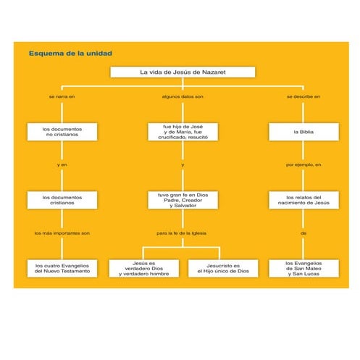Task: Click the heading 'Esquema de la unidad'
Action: [70, 53]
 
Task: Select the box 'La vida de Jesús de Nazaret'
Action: [183, 72]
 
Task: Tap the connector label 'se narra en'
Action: [62, 96]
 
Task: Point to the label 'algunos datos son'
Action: [183, 96]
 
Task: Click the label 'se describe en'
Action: [304, 96]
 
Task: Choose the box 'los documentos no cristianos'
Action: [62, 132]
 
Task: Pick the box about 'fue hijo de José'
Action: [183, 132]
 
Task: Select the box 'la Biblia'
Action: [304, 133]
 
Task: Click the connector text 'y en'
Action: [62, 165]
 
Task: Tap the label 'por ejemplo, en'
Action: [304, 165]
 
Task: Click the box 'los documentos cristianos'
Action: [62, 200]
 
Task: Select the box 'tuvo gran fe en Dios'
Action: [183, 200]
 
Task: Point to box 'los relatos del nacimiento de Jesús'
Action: [304, 200]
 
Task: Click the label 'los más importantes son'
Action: [62, 233]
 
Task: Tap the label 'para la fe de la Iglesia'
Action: [183, 233]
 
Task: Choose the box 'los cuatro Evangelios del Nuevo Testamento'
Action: [62, 268]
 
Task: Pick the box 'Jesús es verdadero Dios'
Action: [143, 269]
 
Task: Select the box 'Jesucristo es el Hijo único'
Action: [222, 268]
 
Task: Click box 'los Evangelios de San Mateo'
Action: [304, 269]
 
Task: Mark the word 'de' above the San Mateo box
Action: [304, 233]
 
